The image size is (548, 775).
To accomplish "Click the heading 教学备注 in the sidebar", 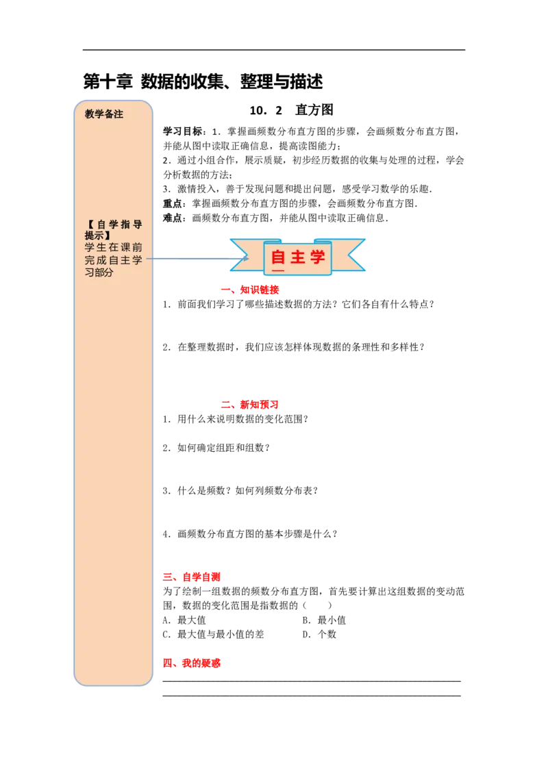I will click(104, 114).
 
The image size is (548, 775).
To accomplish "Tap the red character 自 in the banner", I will click(278, 257).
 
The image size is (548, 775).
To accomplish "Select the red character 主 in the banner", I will click(298, 257).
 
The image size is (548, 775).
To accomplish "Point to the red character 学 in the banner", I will click(317, 257).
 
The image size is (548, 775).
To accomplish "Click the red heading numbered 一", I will click(249, 290).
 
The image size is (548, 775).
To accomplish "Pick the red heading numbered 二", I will click(249, 405).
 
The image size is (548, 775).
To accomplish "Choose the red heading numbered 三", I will click(192, 578).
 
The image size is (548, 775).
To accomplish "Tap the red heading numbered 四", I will click(192, 663).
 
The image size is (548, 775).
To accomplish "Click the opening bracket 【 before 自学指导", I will click(90, 225).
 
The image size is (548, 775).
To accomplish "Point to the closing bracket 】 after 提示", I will click(108, 236).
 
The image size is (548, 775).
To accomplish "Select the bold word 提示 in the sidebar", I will click(95, 236).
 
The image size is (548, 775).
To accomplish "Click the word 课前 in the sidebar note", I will click(132, 248).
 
